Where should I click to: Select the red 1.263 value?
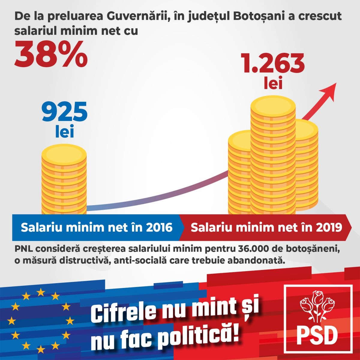pos(273,64)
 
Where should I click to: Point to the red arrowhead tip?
pos(335,84)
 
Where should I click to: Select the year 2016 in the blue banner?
pos(158,227)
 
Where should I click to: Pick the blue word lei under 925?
pos(64,132)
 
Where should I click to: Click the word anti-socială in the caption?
pos(137,259)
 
